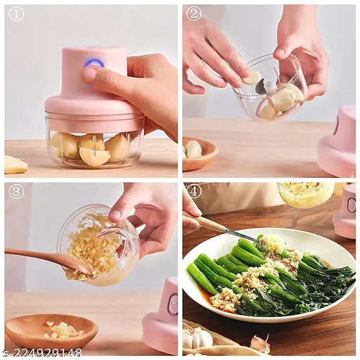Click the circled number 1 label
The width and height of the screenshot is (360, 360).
(x=15, y=13)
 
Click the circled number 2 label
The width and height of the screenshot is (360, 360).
(x=193, y=13)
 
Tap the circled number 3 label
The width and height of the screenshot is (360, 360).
(x=15, y=191)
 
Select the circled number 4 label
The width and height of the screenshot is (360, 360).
(x=193, y=191)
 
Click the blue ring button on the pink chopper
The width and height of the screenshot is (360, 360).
(x=94, y=64)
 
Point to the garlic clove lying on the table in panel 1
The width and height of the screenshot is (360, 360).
(x=15, y=165)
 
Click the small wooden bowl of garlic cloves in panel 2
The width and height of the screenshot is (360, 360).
(x=199, y=153)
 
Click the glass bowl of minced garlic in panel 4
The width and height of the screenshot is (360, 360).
(x=305, y=194)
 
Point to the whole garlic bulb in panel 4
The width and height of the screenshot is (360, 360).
(x=198, y=339)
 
